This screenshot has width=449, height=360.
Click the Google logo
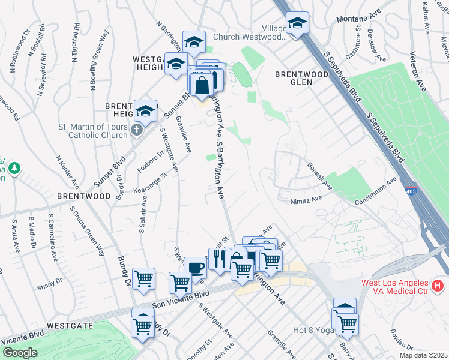pyautogui.click(x=19, y=353)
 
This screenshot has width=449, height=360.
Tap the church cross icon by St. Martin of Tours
pyautogui.click(x=137, y=130)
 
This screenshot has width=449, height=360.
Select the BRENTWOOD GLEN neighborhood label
pyautogui.click(x=302, y=78)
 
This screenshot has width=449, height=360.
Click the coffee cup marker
pyautogui.click(x=195, y=268)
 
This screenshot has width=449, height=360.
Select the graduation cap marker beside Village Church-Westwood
pyautogui.click(x=297, y=23)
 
